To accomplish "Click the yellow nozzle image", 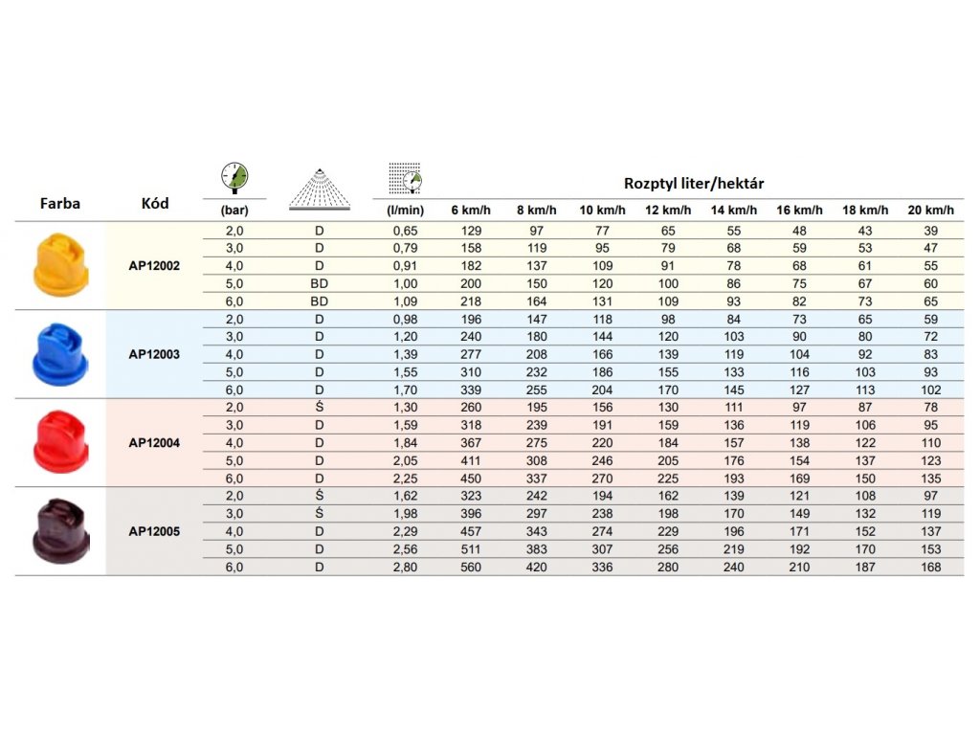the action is click(60, 264).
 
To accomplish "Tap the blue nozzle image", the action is click(60, 354).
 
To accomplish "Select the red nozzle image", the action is click(60, 442).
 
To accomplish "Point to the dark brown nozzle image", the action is click(60, 530).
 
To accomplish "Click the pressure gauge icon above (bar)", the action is click(234, 177).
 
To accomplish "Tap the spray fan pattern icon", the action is click(320, 189).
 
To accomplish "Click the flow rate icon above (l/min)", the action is click(405, 179).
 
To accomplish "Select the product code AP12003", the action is click(154, 354).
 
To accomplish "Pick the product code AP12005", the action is click(154, 531).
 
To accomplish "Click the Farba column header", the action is click(60, 203).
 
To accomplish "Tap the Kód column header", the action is click(155, 203).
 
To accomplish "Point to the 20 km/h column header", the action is click(930, 210).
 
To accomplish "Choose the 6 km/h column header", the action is click(471, 210).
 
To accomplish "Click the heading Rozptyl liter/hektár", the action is click(694, 183).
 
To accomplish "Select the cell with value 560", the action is click(471, 567).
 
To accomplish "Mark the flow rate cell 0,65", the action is click(405, 231).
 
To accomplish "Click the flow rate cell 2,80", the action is click(405, 567).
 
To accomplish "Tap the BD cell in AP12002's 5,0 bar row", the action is click(320, 283).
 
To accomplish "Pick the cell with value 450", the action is click(471, 479).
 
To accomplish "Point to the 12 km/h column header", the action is click(668, 210).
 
